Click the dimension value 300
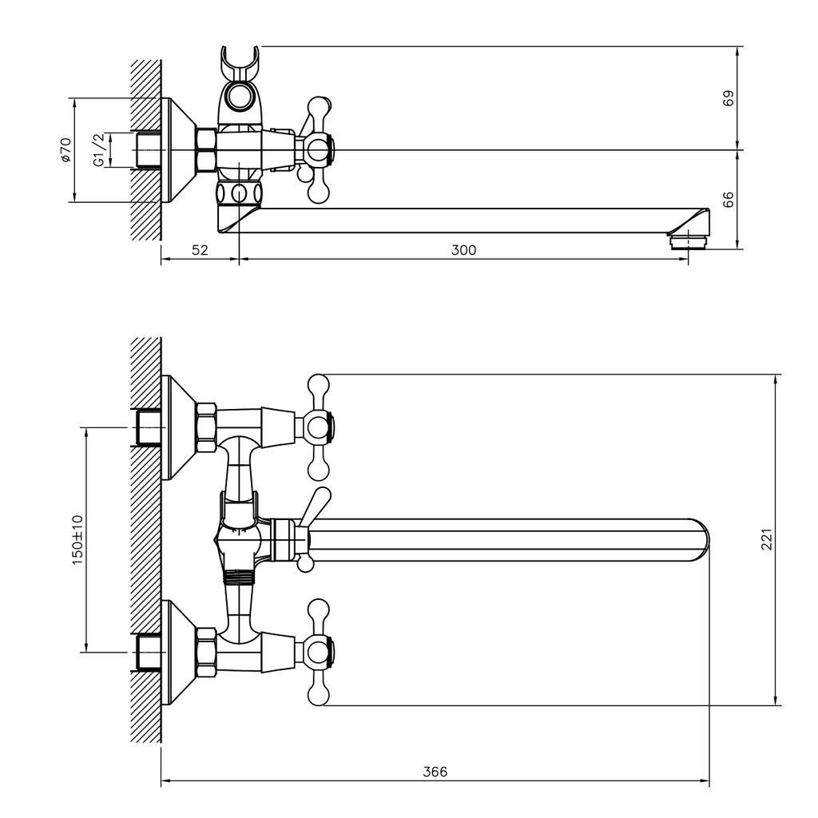click(464, 250)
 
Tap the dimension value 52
click(200, 250)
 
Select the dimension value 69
click(729, 98)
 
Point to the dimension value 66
click(729, 199)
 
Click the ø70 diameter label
click(66, 149)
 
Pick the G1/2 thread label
click(99, 149)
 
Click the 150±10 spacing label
click(77, 539)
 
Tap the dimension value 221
click(766, 539)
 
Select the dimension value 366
click(435, 772)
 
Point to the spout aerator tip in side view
click(688, 241)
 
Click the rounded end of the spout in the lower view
click(700, 540)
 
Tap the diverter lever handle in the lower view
click(315, 505)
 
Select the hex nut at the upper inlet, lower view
click(207, 427)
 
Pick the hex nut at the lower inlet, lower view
click(207, 653)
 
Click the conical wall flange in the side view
click(178, 150)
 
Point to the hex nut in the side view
click(207, 150)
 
